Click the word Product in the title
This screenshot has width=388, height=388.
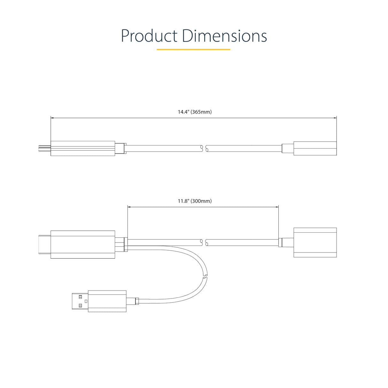[x=149, y=36]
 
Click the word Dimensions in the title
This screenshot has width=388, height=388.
[x=224, y=36]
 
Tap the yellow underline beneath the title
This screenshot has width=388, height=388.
[x=193, y=50]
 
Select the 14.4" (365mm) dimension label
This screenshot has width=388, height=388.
[x=195, y=112]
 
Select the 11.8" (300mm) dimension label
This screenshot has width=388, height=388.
[x=195, y=201]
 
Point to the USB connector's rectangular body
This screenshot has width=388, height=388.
[x=107, y=301]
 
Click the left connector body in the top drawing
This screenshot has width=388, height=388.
[x=83, y=148]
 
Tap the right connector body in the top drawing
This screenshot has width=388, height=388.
[x=315, y=148]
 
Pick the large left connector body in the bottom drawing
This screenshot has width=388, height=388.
[x=83, y=244]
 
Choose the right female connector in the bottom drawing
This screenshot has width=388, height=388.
[x=315, y=242]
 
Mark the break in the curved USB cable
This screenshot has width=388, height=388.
[x=205, y=276]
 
